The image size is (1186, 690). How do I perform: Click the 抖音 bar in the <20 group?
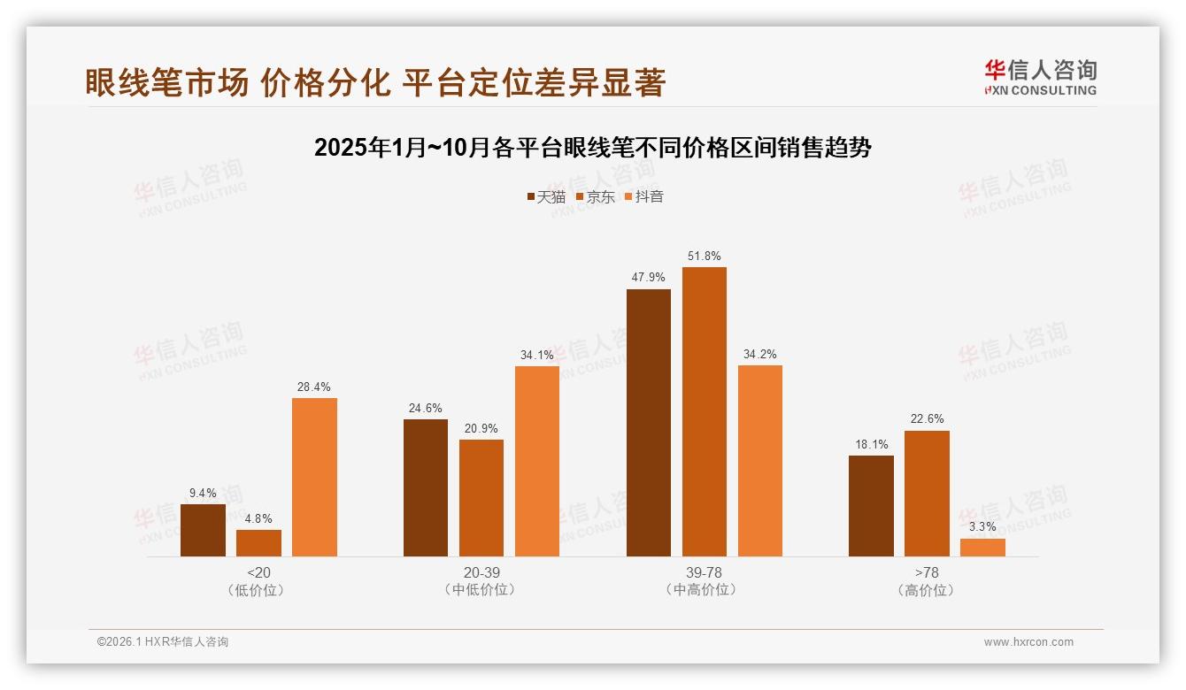click(314, 478)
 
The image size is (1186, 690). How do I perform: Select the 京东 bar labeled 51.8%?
click(704, 411)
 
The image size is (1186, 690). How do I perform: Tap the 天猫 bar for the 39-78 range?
click(648, 423)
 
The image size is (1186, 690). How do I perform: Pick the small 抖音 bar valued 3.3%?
click(982, 548)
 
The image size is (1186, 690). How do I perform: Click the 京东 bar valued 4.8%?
click(258, 543)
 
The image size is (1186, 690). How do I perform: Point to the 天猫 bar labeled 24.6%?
click(425, 487)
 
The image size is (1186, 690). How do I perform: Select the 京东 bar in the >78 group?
click(927, 494)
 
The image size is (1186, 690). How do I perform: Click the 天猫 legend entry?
click(545, 196)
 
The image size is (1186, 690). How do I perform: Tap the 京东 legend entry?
click(595, 196)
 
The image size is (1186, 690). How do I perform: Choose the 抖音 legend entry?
click(643, 196)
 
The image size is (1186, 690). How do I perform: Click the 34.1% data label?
click(536, 355)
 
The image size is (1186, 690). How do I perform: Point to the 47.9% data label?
click(648, 277)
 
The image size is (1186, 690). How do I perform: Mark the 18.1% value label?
click(871, 444)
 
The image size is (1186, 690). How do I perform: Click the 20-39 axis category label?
click(481, 572)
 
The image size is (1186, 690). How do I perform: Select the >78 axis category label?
click(927, 572)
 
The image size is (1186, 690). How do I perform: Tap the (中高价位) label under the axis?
click(704, 589)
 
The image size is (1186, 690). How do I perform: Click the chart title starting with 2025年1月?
click(593, 148)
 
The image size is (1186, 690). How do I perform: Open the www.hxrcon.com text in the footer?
click(1028, 642)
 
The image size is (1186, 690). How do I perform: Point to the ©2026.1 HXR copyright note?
click(163, 642)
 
